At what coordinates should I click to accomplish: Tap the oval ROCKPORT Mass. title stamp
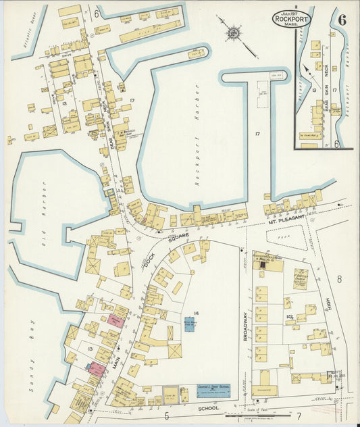(x=290, y=19)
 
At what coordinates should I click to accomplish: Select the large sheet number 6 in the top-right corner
(x=342, y=19)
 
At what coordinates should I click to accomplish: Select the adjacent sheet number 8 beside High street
(x=340, y=278)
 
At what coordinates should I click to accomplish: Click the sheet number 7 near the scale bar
(x=298, y=416)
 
